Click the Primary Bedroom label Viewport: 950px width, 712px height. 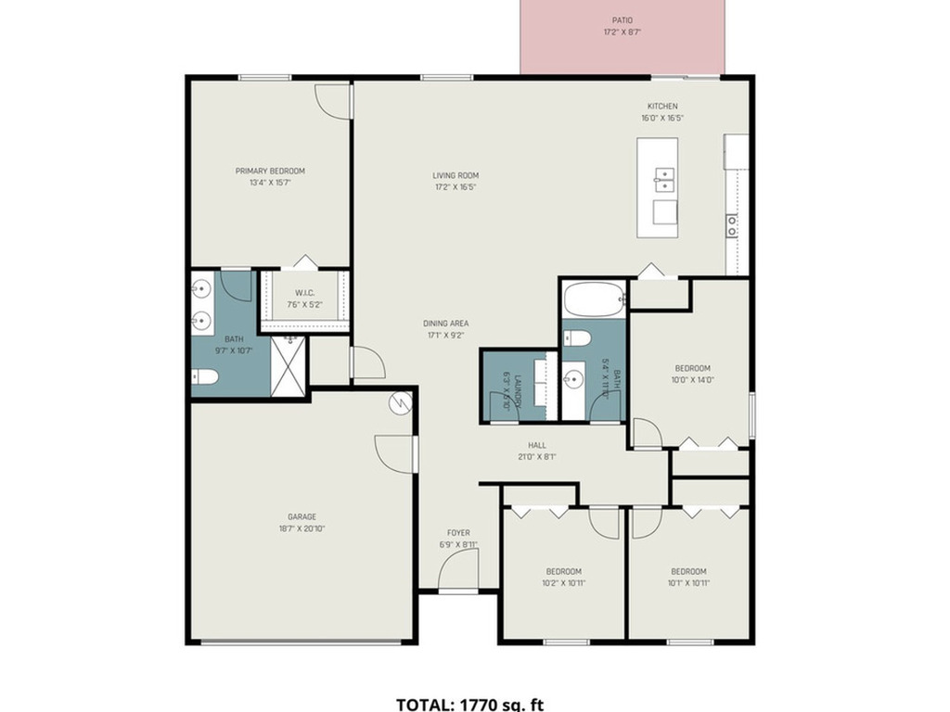(x=270, y=171)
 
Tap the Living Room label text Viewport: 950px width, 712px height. (x=455, y=175)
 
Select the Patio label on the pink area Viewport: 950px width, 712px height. (x=623, y=19)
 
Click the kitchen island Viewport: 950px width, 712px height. (x=657, y=188)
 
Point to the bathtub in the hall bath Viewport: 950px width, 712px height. (x=592, y=299)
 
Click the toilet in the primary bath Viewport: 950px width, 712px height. (x=205, y=376)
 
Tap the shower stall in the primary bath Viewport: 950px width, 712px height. (x=289, y=367)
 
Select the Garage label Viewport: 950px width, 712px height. (x=302, y=516)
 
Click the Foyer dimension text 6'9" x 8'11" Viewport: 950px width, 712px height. (x=458, y=545)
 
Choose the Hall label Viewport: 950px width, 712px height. (x=536, y=445)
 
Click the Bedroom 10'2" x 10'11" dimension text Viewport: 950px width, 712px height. (x=563, y=583)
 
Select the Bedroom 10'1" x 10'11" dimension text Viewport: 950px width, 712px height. (x=688, y=583)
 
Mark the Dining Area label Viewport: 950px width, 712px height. (x=444, y=324)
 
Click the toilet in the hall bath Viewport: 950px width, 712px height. (x=574, y=337)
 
